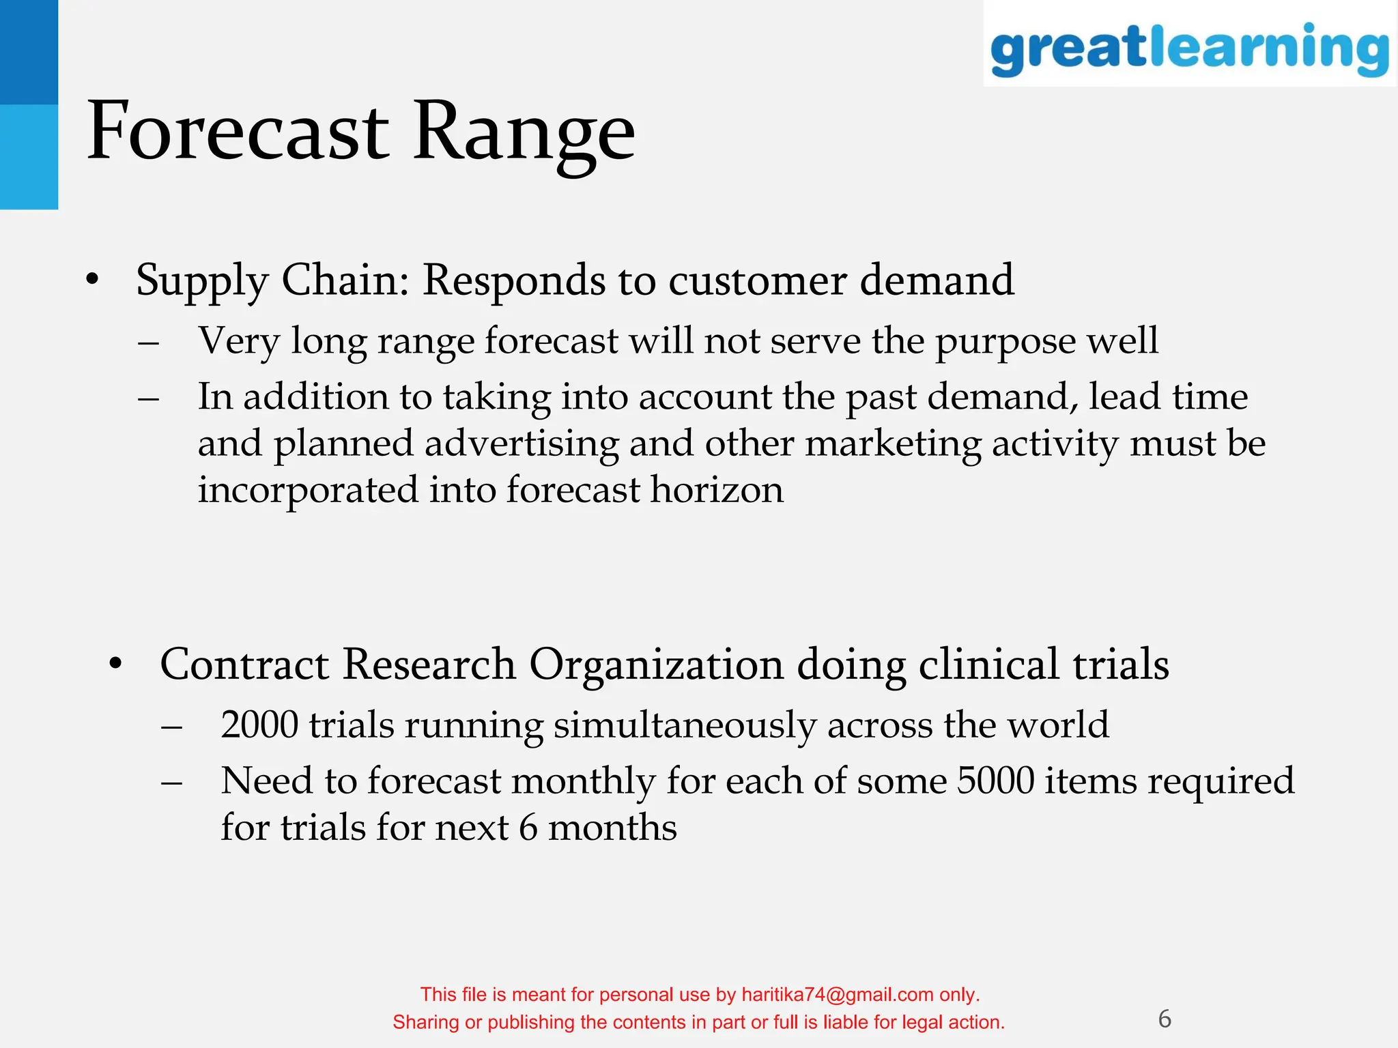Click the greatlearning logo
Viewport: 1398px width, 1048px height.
tap(1189, 48)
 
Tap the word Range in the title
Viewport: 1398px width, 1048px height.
tap(524, 131)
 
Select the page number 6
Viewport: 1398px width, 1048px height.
tap(1165, 1019)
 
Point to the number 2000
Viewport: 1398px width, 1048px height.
tap(259, 725)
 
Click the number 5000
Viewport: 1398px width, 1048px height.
tap(995, 781)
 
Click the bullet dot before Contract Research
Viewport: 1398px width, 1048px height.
tap(116, 663)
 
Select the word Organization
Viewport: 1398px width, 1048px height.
tap(656, 665)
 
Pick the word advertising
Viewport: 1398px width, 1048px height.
tap(522, 443)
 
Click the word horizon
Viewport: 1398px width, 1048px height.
tap(717, 490)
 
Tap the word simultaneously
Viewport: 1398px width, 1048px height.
tap(685, 725)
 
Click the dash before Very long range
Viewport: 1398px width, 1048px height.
tap(148, 341)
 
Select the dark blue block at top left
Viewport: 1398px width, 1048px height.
tap(29, 52)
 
